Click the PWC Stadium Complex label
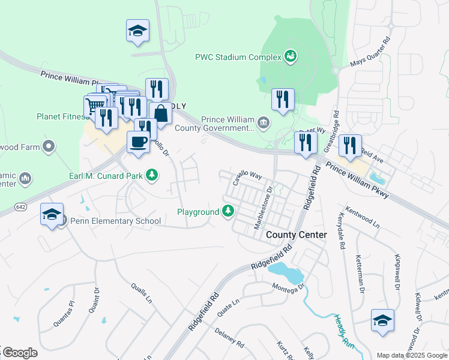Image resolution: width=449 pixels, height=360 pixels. (x=238, y=58)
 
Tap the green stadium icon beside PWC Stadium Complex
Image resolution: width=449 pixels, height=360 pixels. (x=291, y=56)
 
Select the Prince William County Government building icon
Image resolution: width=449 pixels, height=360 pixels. (x=263, y=124)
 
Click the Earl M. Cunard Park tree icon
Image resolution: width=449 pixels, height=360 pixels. (x=153, y=175)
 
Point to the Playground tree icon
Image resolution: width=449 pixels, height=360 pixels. (x=228, y=211)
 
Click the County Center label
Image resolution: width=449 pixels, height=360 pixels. (x=297, y=235)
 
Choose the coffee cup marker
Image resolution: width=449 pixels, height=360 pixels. (x=139, y=142)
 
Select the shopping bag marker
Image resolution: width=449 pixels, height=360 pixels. (x=161, y=113)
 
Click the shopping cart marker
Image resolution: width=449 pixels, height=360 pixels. (x=94, y=106)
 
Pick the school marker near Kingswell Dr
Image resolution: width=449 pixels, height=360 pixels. (x=382, y=320)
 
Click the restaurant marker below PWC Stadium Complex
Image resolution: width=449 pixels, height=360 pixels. (x=283, y=100)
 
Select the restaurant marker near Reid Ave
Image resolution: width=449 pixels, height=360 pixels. (x=350, y=146)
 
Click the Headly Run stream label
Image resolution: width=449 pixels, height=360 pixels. (x=343, y=330)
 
